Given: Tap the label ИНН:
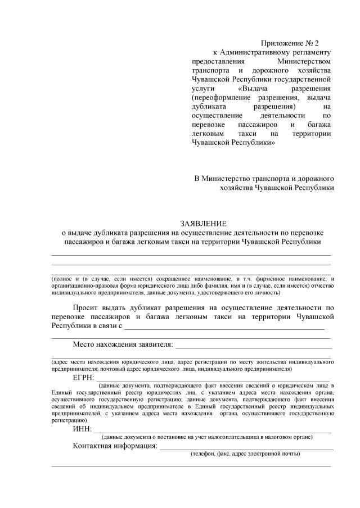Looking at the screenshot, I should pyautogui.click(x=82, y=430).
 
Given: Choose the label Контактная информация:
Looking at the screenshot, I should pyautogui.click(x=115, y=446).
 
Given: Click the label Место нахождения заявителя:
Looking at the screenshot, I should pyautogui.click(x=123, y=344).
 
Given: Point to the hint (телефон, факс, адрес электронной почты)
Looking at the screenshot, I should pyautogui.click(x=245, y=454).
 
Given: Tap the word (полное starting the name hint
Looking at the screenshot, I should pyautogui.click(x=63, y=279).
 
